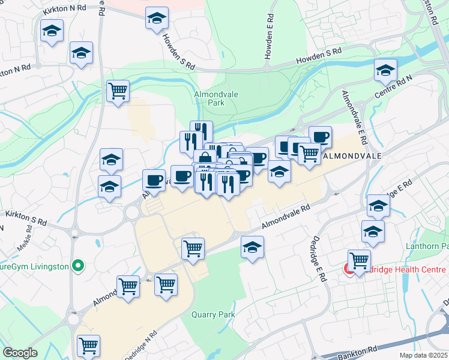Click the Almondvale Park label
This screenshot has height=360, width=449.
tap(209, 98)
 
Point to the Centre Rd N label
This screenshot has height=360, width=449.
tap(394, 86)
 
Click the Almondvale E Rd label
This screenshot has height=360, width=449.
tap(354, 116)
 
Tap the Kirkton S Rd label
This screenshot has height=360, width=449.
tap(25, 217)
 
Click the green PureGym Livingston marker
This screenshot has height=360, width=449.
tap(77, 265)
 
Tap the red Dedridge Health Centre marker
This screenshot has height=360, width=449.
tap(349, 268)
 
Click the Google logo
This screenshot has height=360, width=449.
tap(20, 353)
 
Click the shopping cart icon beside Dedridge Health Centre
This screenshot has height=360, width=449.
tap(359, 260)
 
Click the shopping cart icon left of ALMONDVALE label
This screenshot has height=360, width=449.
tap(309, 154)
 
